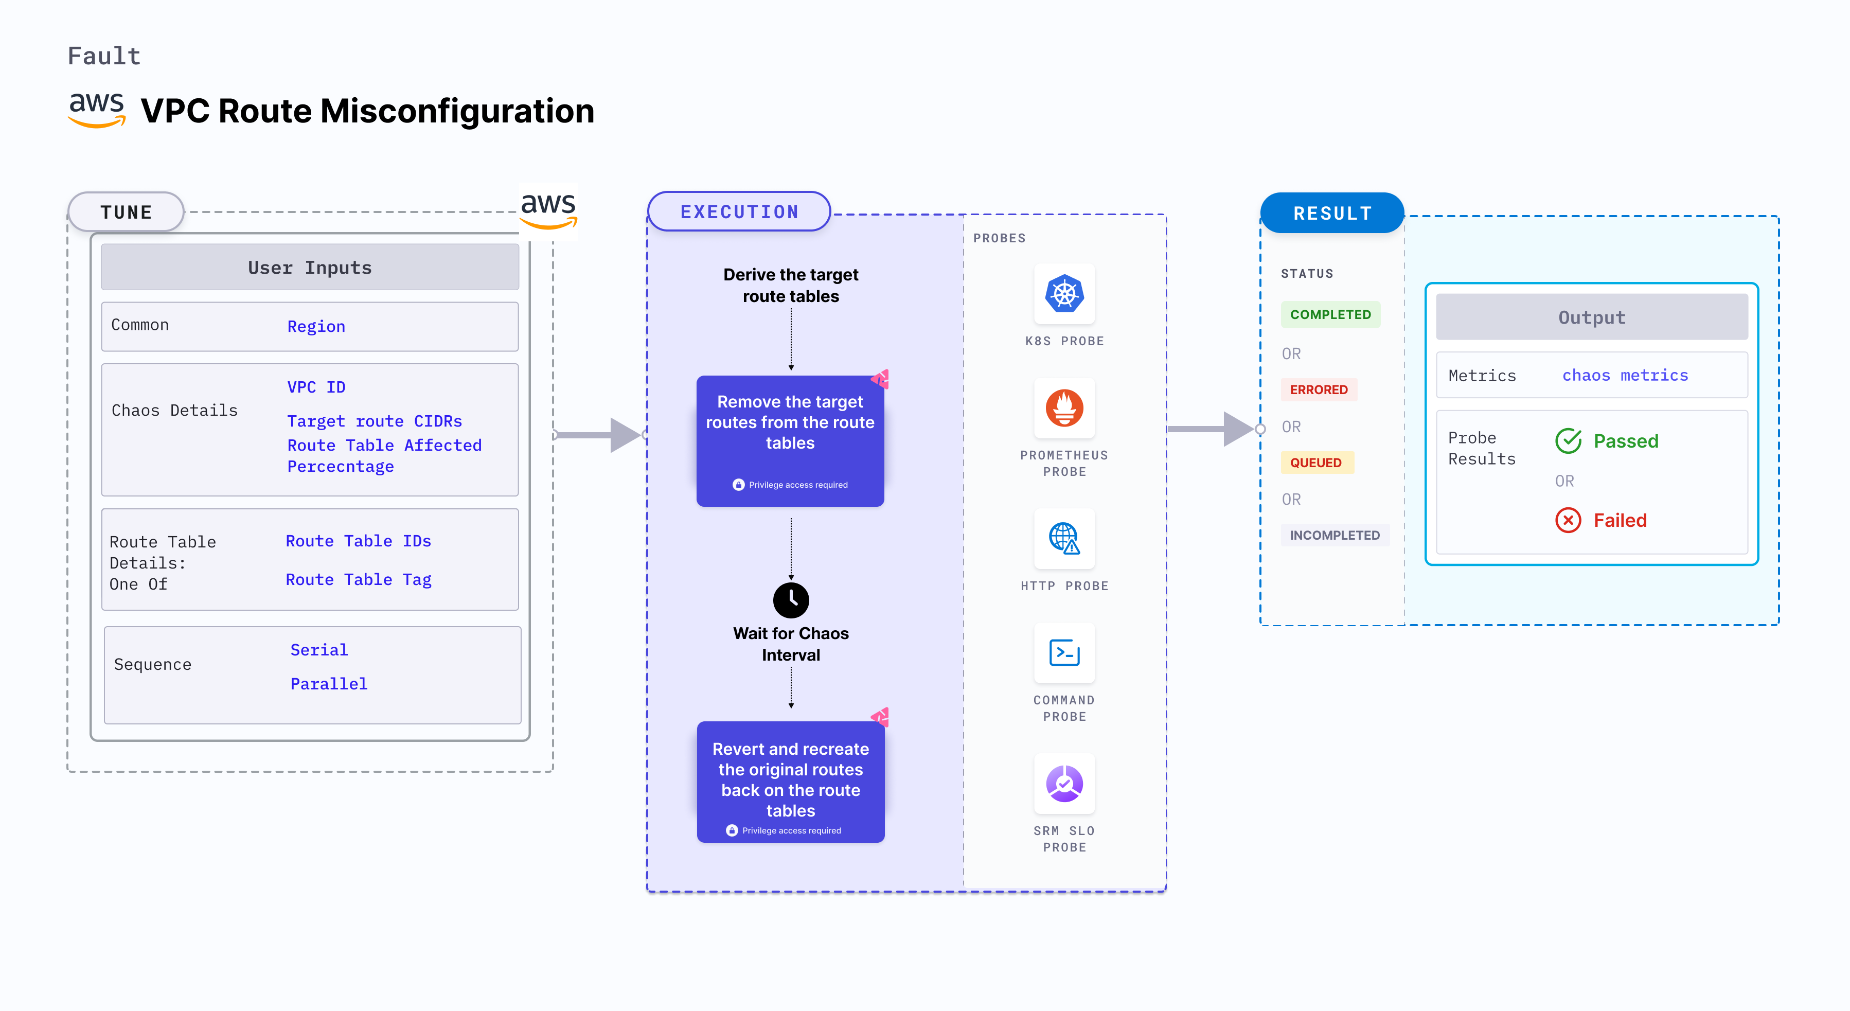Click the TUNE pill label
[127, 212]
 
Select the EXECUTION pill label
[739, 212]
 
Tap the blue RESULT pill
[1332, 213]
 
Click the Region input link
[316, 327]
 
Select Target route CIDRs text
[374, 421]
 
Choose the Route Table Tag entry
[359, 579]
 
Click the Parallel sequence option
[328, 684]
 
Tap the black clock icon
[791, 599]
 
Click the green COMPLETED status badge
[1330, 314]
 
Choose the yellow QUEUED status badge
[1315, 463]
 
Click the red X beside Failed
[1568, 520]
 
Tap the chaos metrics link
[1625, 376]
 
